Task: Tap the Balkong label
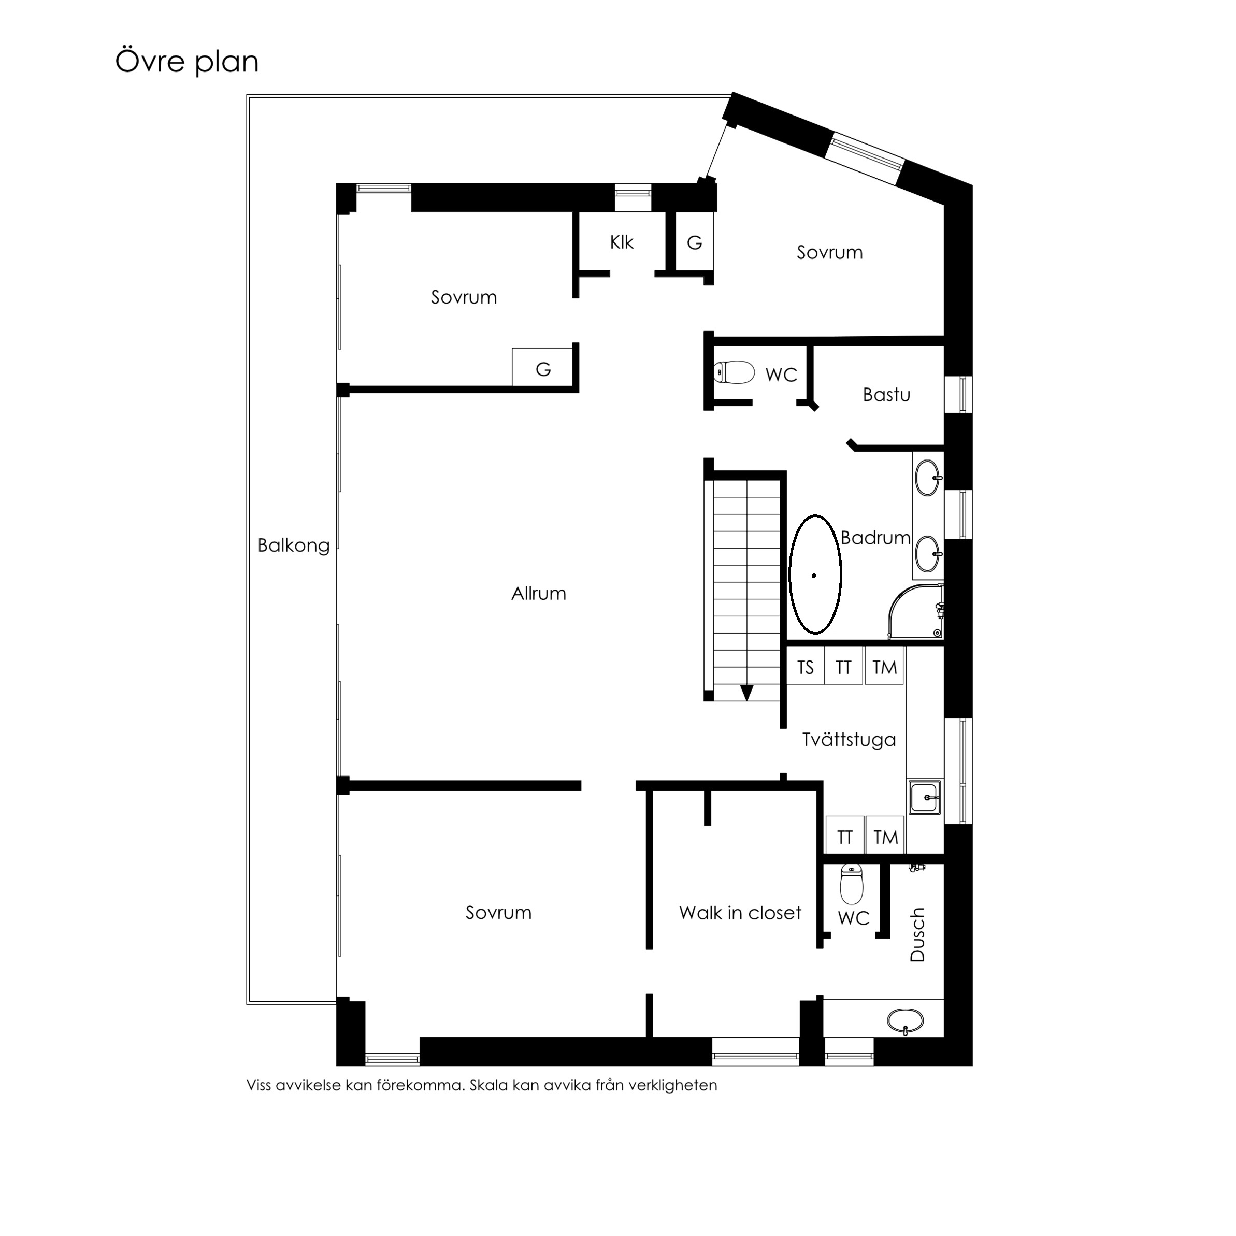294,545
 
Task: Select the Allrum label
539,594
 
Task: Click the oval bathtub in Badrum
815,574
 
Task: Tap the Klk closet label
621,242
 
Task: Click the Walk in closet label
740,913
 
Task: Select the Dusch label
917,935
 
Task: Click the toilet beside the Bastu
735,372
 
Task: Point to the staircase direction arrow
746,693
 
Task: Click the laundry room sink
925,797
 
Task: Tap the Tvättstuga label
849,740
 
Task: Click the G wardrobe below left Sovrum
542,367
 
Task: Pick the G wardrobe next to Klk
694,242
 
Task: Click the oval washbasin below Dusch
906,1021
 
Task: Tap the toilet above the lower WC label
852,884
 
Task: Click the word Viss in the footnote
259,1086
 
